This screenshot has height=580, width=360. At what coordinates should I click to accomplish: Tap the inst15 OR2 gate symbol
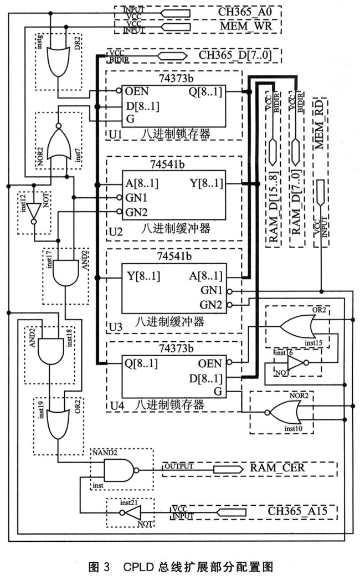(295, 327)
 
